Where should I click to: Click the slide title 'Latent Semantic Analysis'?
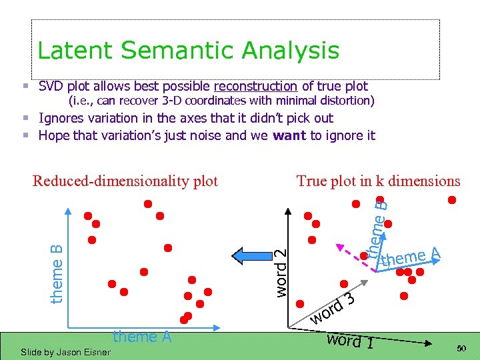(x=189, y=51)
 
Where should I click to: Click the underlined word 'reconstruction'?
(x=255, y=86)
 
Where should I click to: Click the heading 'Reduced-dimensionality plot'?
(x=125, y=181)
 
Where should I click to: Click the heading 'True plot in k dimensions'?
(x=378, y=181)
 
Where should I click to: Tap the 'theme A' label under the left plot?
(x=142, y=337)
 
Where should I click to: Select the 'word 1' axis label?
(x=351, y=341)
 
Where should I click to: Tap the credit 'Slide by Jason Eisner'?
(x=65, y=352)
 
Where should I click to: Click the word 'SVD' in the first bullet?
(x=53, y=86)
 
